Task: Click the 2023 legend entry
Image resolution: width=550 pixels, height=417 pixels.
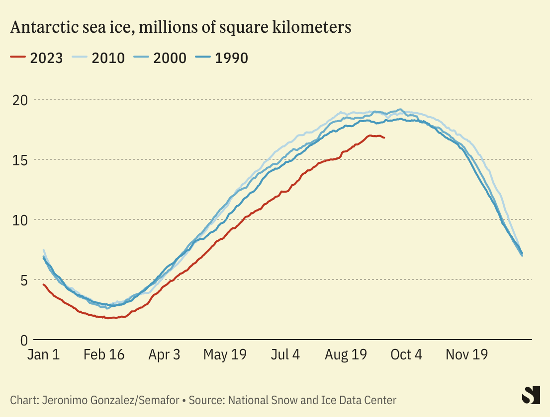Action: pyautogui.click(x=37, y=58)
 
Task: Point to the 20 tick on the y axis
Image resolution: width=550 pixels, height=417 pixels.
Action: pyautogui.click(x=19, y=100)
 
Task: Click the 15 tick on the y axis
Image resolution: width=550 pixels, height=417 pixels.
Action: pyautogui.click(x=19, y=160)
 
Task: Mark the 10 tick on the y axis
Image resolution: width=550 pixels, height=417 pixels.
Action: pyautogui.click(x=19, y=220)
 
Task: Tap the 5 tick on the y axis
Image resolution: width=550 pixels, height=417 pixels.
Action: pyautogui.click(x=22, y=280)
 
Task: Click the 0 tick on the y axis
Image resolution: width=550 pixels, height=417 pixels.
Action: pyautogui.click(x=22, y=340)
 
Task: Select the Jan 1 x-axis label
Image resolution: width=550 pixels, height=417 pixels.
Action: pyautogui.click(x=43, y=355)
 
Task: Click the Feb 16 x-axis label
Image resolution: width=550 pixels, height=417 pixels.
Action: pyautogui.click(x=104, y=355)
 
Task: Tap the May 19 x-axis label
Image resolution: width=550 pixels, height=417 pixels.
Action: pyautogui.click(x=225, y=355)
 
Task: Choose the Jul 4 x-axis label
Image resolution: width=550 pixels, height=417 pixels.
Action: pyautogui.click(x=285, y=355)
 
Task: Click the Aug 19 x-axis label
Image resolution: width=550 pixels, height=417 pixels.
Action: pyautogui.click(x=346, y=355)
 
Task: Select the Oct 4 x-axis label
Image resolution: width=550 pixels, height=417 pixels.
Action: pyautogui.click(x=406, y=355)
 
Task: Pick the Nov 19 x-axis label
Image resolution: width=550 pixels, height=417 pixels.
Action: pyautogui.click(x=466, y=355)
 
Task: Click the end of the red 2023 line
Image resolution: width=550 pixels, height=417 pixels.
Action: pyautogui.click(x=384, y=138)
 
